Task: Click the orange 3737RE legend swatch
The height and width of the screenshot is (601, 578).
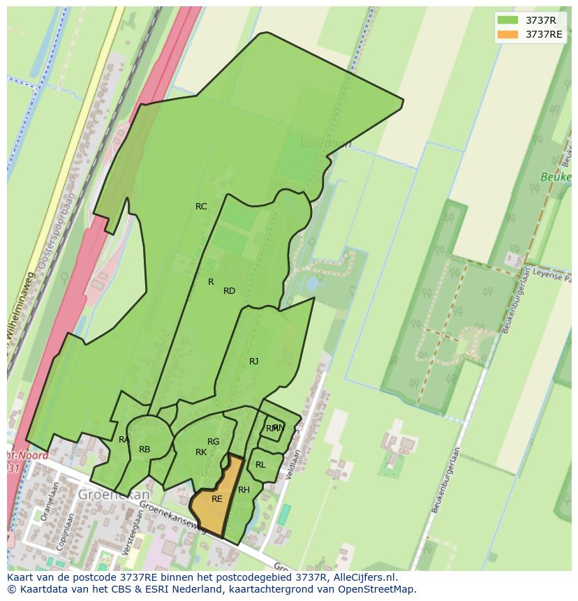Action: pos(507,34)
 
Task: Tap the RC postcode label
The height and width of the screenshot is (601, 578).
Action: pos(201,207)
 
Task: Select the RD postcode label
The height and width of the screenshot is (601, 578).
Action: pos(229,291)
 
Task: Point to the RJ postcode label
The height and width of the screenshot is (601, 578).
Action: pos(253,362)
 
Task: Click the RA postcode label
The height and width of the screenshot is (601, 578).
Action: pos(124,440)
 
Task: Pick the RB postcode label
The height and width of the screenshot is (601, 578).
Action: pos(144,450)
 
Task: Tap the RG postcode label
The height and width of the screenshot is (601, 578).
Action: pos(213,442)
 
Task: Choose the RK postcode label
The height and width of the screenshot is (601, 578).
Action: pos(201,452)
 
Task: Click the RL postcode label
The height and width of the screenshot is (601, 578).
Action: pos(260,465)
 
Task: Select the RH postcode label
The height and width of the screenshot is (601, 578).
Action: pos(244,490)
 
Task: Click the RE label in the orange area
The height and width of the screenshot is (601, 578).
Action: pos(216,499)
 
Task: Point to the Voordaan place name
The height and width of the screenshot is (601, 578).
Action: pos(325,144)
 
